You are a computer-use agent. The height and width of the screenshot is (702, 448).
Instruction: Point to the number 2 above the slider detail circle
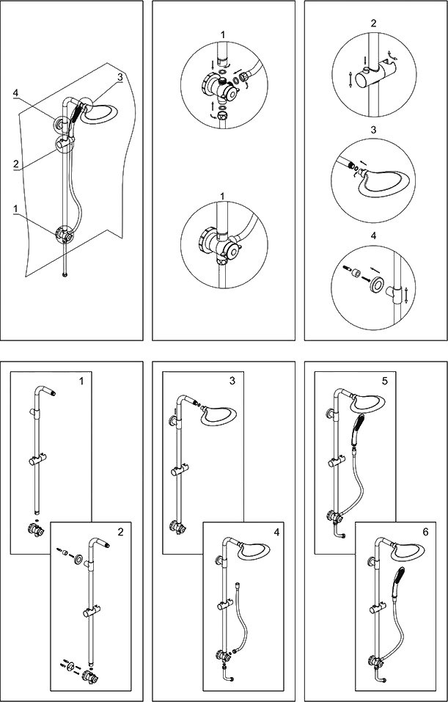[x=374, y=23]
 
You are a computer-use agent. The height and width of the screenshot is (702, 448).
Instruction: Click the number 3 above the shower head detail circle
[x=374, y=129]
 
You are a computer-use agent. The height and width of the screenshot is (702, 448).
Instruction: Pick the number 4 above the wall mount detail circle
[x=374, y=235]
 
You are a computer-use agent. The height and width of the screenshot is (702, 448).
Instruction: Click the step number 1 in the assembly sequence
[x=81, y=382]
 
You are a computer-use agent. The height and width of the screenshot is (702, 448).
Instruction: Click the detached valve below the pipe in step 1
[x=32, y=527]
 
